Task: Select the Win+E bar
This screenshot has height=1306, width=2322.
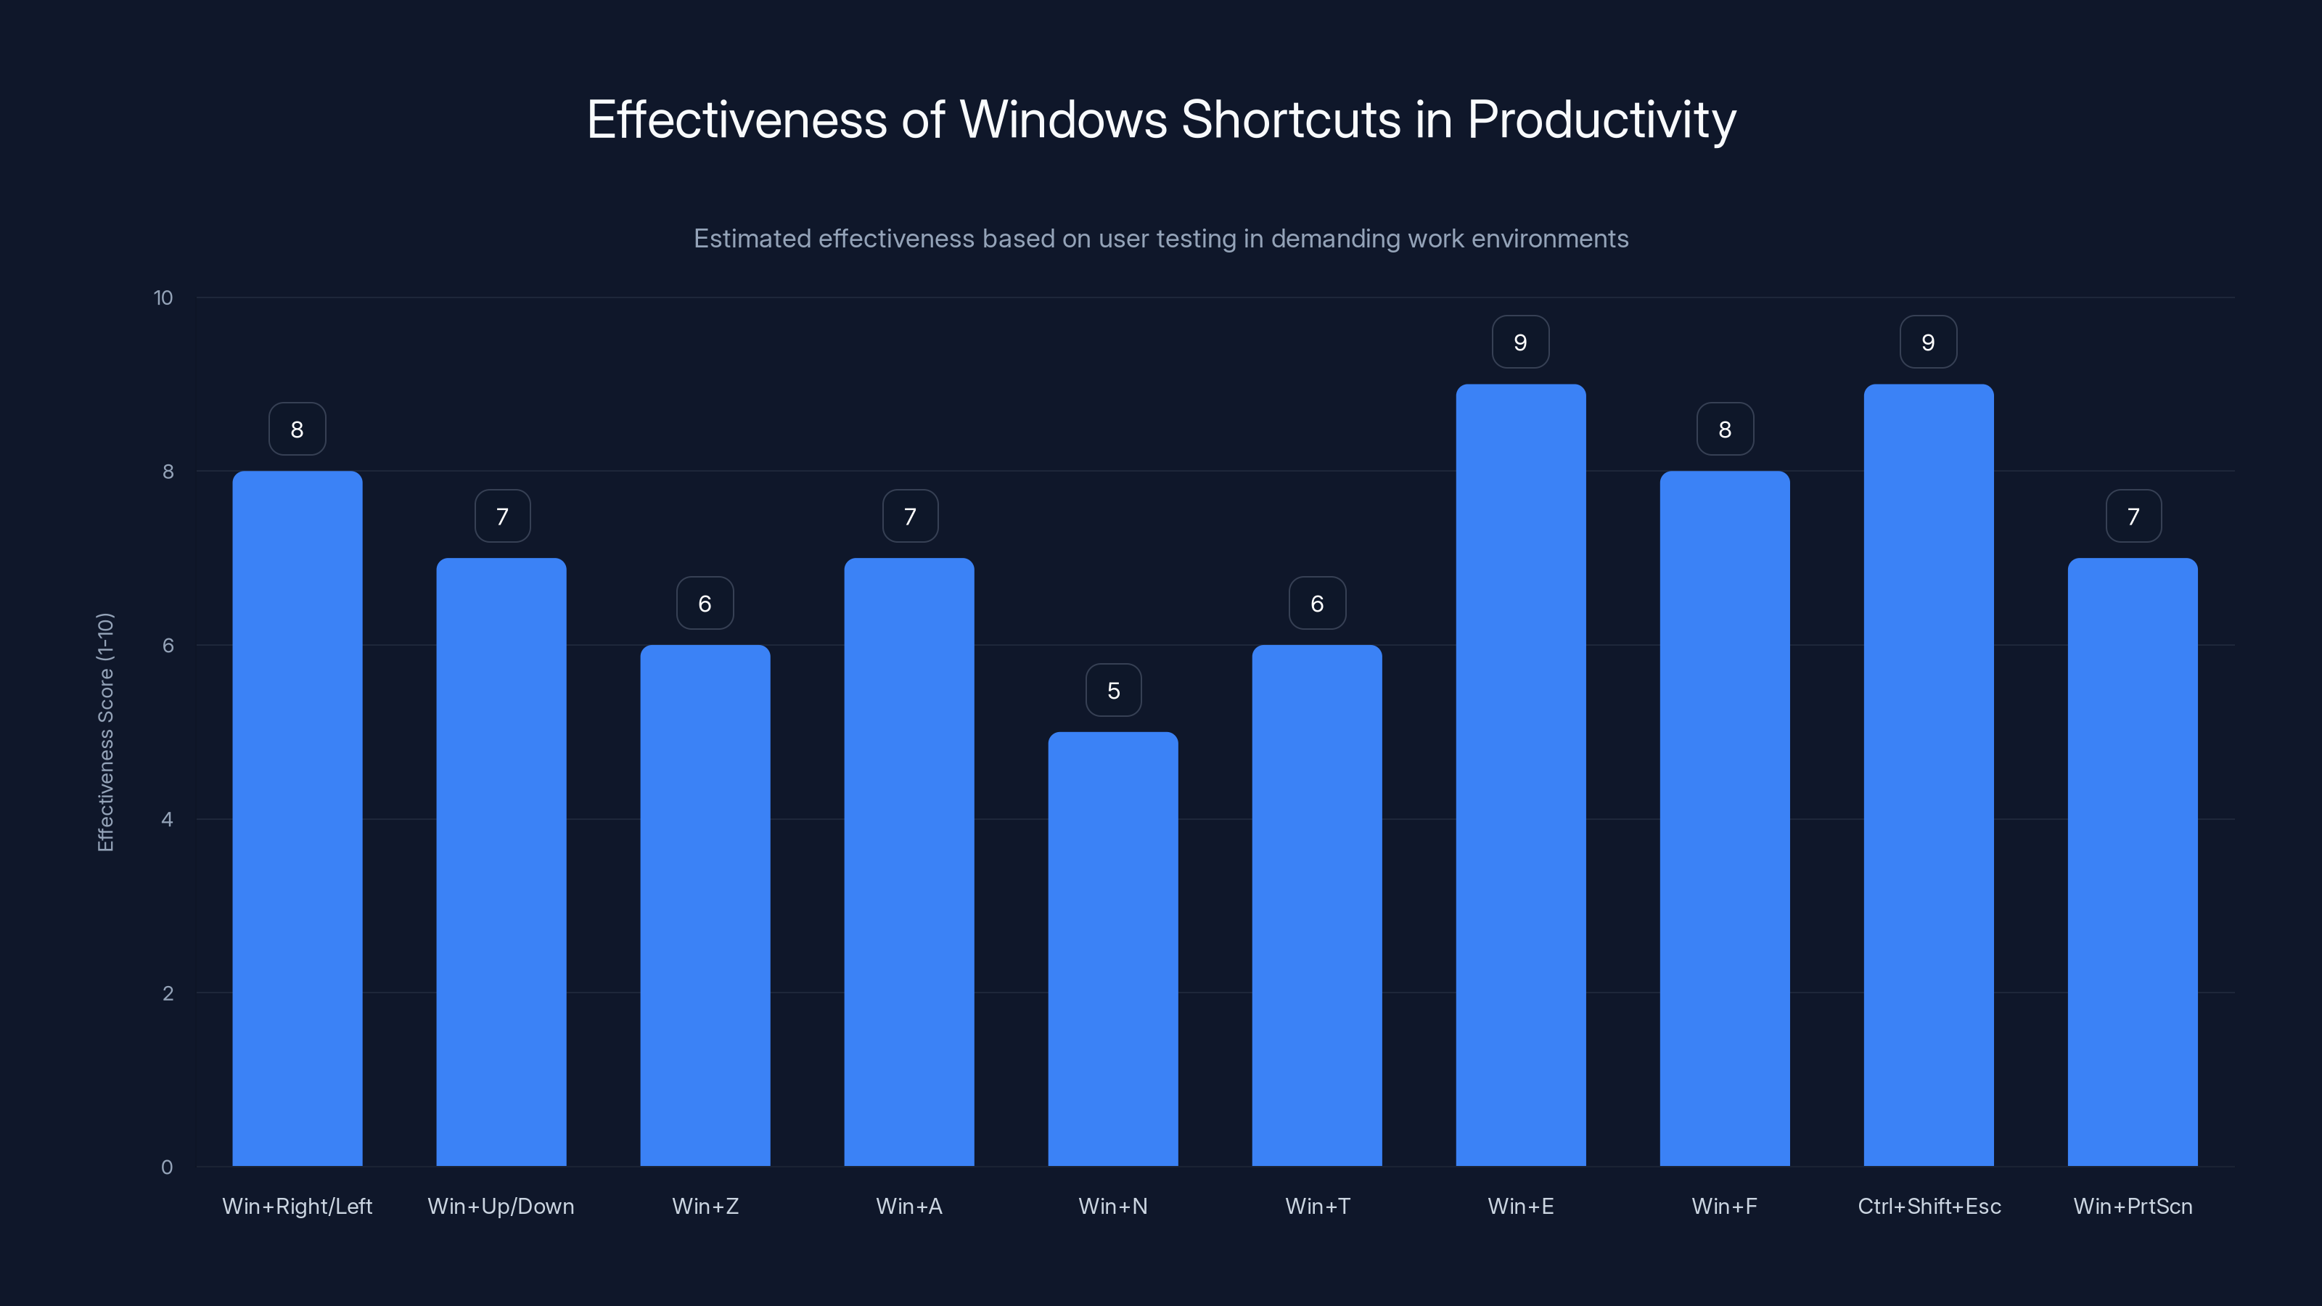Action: [x=1521, y=775]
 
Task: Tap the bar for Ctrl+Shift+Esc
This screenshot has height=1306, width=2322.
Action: [x=1928, y=775]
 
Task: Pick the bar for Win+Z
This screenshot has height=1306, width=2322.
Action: [x=705, y=905]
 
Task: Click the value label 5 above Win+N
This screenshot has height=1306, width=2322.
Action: [x=1113, y=691]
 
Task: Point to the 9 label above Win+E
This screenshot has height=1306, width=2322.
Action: [x=1521, y=342]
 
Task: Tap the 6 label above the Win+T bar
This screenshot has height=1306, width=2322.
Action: [x=1317, y=604]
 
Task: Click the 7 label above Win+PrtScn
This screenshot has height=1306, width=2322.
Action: [x=2133, y=517]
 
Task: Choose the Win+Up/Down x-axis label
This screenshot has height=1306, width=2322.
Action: [x=501, y=1206]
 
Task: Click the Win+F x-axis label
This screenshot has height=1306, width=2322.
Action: [x=1724, y=1206]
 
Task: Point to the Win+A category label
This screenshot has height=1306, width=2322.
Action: [x=908, y=1206]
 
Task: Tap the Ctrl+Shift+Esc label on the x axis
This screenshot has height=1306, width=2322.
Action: [x=1929, y=1206]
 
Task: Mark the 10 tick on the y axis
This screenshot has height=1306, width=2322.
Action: [x=163, y=298]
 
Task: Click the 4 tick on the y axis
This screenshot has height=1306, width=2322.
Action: [x=167, y=819]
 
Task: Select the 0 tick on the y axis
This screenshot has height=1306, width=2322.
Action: [x=167, y=1167]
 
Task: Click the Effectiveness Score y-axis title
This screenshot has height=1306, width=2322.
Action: [x=105, y=732]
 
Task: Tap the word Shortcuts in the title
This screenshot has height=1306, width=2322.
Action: [x=1291, y=119]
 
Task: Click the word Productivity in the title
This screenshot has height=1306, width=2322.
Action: [x=1601, y=120]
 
